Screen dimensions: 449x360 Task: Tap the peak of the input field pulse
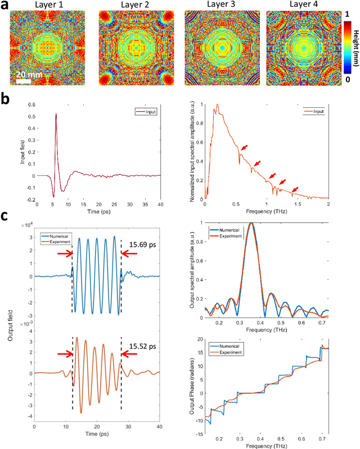[56, 114]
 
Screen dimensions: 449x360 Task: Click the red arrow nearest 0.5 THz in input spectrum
[244, 148]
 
